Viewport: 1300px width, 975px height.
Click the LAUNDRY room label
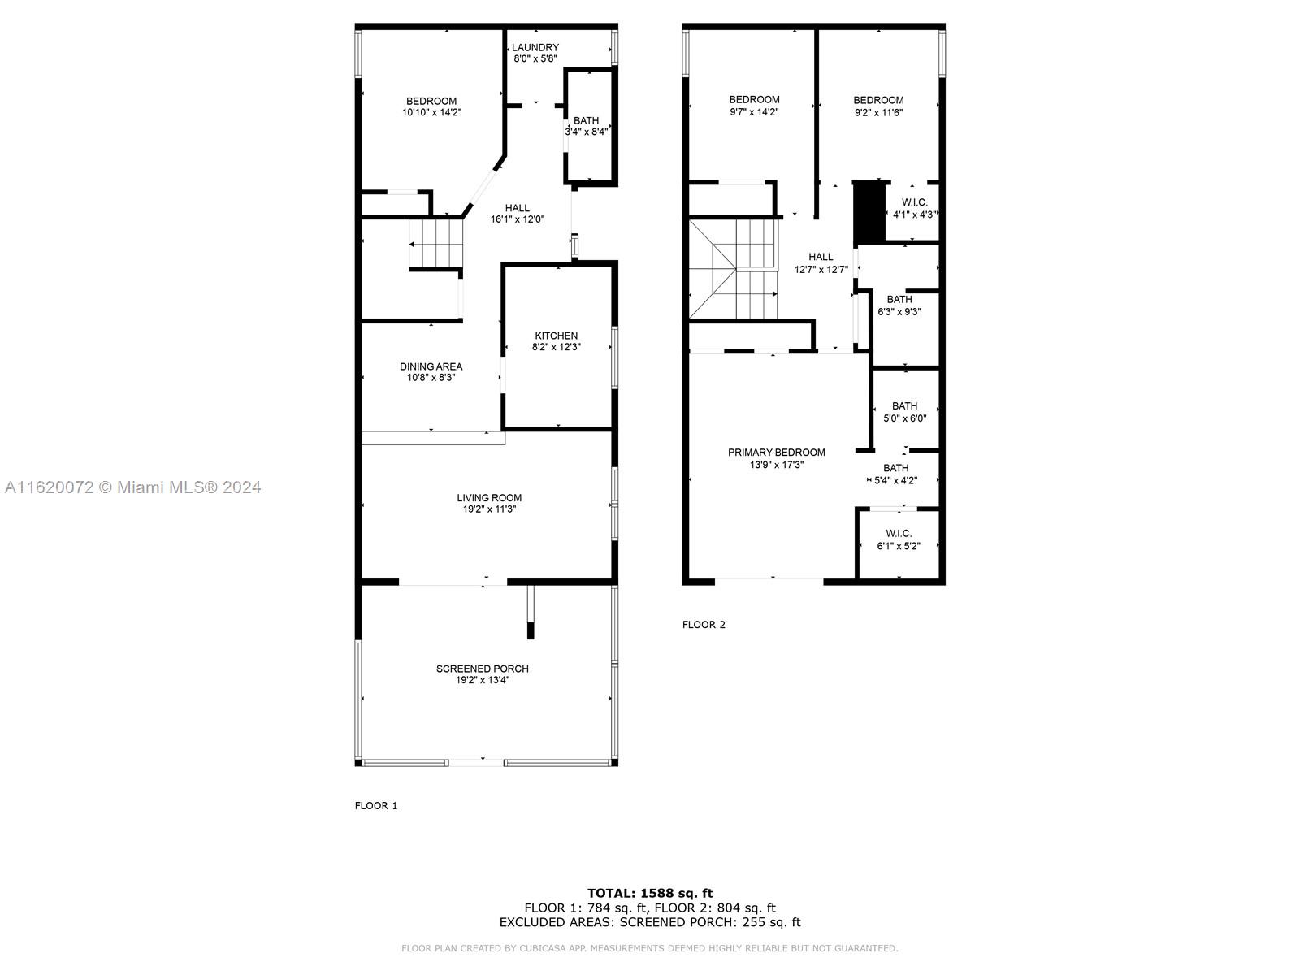coord(535,47)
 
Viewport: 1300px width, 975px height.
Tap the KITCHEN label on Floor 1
coord(556,336)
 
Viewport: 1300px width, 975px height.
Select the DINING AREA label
coord(431,366)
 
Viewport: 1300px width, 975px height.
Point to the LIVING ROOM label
coord(489,498)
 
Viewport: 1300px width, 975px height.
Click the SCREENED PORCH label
coord(482,669)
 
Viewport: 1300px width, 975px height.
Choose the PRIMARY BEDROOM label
coord(776,453)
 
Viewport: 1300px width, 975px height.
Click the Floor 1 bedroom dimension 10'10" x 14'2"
coord(431,112)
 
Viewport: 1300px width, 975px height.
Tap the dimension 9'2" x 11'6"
coord(878,112)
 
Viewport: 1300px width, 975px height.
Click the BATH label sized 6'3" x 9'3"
coord(899,300)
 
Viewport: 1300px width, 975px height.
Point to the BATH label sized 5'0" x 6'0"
coord(904,406)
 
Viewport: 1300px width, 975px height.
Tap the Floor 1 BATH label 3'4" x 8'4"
coord(586,121)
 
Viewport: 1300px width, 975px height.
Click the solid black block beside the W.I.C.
coord(869,212)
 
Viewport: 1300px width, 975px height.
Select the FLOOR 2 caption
coord(704,625)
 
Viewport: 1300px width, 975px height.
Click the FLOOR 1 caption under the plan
coord(376,806)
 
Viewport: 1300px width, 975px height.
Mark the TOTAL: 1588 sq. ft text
coord(650,893)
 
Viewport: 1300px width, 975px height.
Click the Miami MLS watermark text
coord(132,487)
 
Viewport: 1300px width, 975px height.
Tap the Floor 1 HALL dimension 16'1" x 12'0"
coord(517,219)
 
